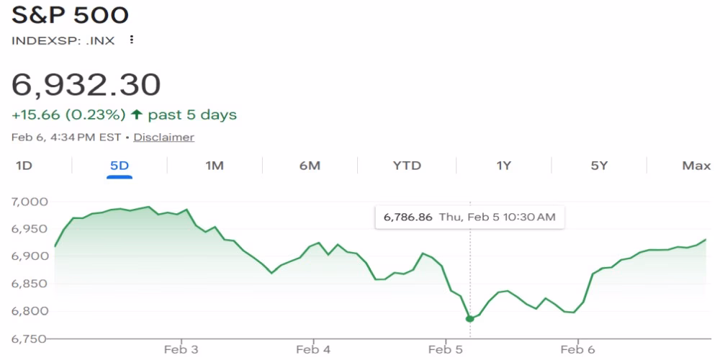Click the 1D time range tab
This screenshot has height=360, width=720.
pyautogui.click(x=24, y=166)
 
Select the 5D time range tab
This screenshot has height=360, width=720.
pyautogui.click(x=119, y=166)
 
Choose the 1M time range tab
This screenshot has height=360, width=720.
pyautogui.click(x=215, y=166)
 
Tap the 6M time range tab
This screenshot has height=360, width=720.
pyautogui.click(x=310, y=166)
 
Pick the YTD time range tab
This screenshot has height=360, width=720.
pyautogui.click(x=407, y=166)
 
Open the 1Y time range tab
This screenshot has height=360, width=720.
pyautogui.click(x=503, y=166)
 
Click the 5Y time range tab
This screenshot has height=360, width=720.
pyautogui.click(x=599, y=166)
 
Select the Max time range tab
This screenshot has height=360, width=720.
pyautogui.click(x=696, y=166)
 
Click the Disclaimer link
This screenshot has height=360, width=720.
pyautogui.click(x=163, y=137)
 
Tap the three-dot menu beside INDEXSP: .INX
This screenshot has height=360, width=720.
pyautogui.click(x=131, y=40)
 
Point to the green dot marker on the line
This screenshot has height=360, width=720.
pyautogui.click(x=469, y=318)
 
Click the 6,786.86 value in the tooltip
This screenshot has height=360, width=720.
pyautogui.click(x=408, y=217)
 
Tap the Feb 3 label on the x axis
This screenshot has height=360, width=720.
pyautogui.click(x=181, y=350)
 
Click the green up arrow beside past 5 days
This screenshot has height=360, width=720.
pyautogui.click(x=136, y=115)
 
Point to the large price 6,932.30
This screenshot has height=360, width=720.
pyautogui.click(x=86, y=85)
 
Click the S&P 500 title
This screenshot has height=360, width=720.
pyautogui.click(x=70, y=15)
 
